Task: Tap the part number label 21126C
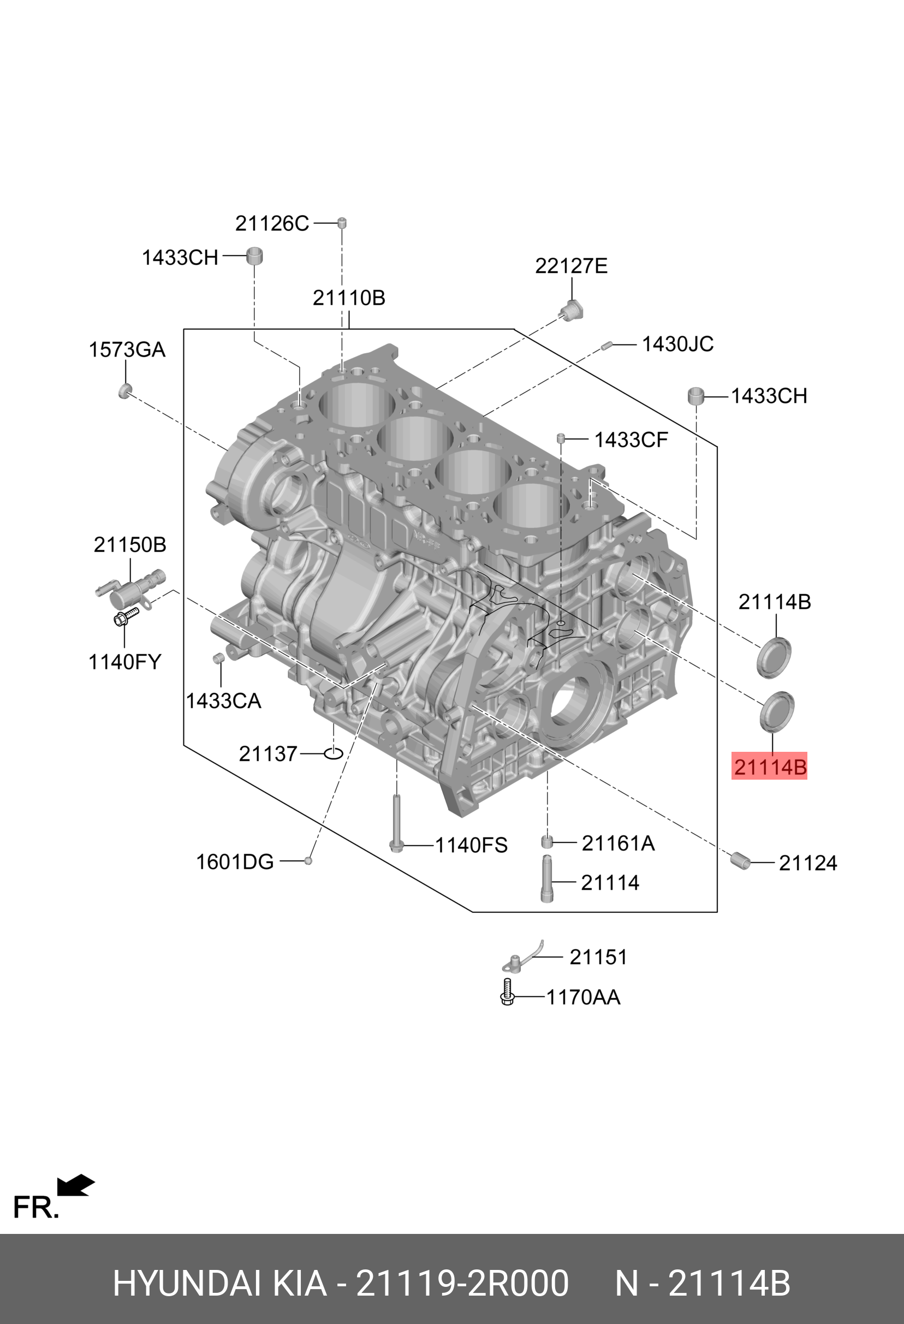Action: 272,223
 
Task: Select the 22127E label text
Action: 571,265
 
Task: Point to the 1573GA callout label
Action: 127,349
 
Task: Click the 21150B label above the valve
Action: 130,545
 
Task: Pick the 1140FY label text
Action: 125,661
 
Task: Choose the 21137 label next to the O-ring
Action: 267,753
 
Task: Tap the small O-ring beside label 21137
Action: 333,753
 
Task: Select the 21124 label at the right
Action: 808,863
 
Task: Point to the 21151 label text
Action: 598,957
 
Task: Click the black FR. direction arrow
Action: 75,1185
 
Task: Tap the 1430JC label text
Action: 677,344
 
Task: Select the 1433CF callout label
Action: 631,440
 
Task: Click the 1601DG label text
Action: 235,862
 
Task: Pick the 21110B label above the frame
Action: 349,298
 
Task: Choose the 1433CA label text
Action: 223,700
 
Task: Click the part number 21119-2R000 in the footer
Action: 462,1284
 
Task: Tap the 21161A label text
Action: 618,843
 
